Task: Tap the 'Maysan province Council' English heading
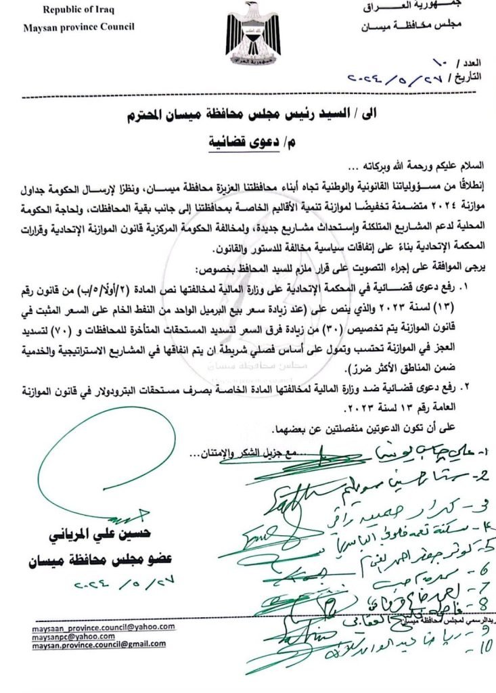point(78,27)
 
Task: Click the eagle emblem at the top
point(253,31)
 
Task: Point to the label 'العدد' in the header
point(474,62)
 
